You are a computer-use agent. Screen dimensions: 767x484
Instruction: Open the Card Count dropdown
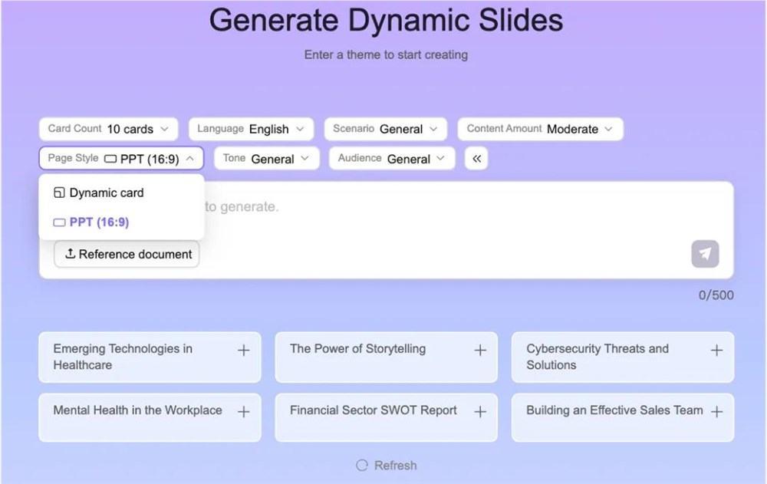tap(108, 129)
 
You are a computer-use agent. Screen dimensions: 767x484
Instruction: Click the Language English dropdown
tap(251, 129)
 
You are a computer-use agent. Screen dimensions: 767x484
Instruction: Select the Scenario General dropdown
tap(385, 129)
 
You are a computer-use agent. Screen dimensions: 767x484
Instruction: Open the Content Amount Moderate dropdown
tap(540, 129)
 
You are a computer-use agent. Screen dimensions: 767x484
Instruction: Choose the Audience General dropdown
tap(391, 159)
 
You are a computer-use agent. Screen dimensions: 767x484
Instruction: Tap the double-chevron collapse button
tap(476, 159)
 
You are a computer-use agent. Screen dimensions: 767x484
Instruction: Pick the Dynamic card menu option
tap(106, 193)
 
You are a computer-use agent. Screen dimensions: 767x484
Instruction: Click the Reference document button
tap(127, 254)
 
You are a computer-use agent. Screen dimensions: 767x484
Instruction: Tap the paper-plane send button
tap(705, 254)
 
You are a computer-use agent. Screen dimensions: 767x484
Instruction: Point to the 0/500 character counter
tap(716, 295)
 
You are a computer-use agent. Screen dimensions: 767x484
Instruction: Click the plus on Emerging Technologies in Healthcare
tap(243, 351)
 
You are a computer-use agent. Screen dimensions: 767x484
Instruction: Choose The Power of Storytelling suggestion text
tap(357, 349)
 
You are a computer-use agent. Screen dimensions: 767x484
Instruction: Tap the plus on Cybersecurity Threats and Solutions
tap(716, 351)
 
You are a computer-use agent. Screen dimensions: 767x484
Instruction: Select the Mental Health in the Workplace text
tap(137, 410)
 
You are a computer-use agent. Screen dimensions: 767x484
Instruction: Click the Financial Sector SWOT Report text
tap(373, 410)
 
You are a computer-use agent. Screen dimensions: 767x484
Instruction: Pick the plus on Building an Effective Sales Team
tap(716, 412)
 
